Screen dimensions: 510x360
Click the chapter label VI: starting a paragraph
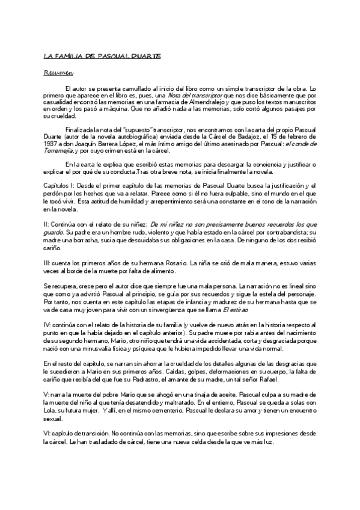pyautogui.click(x=48, y=432)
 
